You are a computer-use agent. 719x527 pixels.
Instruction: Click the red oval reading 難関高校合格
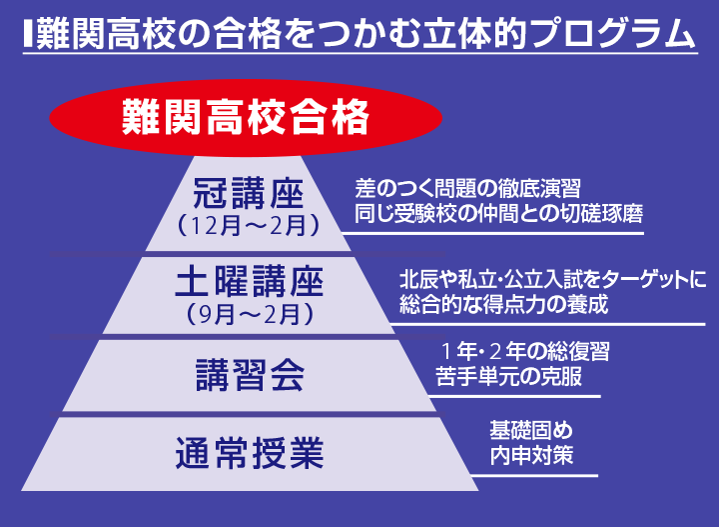(246, 117)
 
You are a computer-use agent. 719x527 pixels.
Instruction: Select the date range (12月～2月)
(247, 226)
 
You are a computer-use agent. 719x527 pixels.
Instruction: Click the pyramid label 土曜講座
(249, 283)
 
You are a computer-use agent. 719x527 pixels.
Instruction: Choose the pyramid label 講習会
(249, 375)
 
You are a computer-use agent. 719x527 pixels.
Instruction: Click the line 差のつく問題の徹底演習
(466, 188)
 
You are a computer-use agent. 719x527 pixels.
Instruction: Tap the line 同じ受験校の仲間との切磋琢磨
(497, 214)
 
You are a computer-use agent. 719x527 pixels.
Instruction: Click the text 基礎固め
(531, 431)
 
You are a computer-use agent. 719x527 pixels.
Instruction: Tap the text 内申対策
(531, 456)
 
